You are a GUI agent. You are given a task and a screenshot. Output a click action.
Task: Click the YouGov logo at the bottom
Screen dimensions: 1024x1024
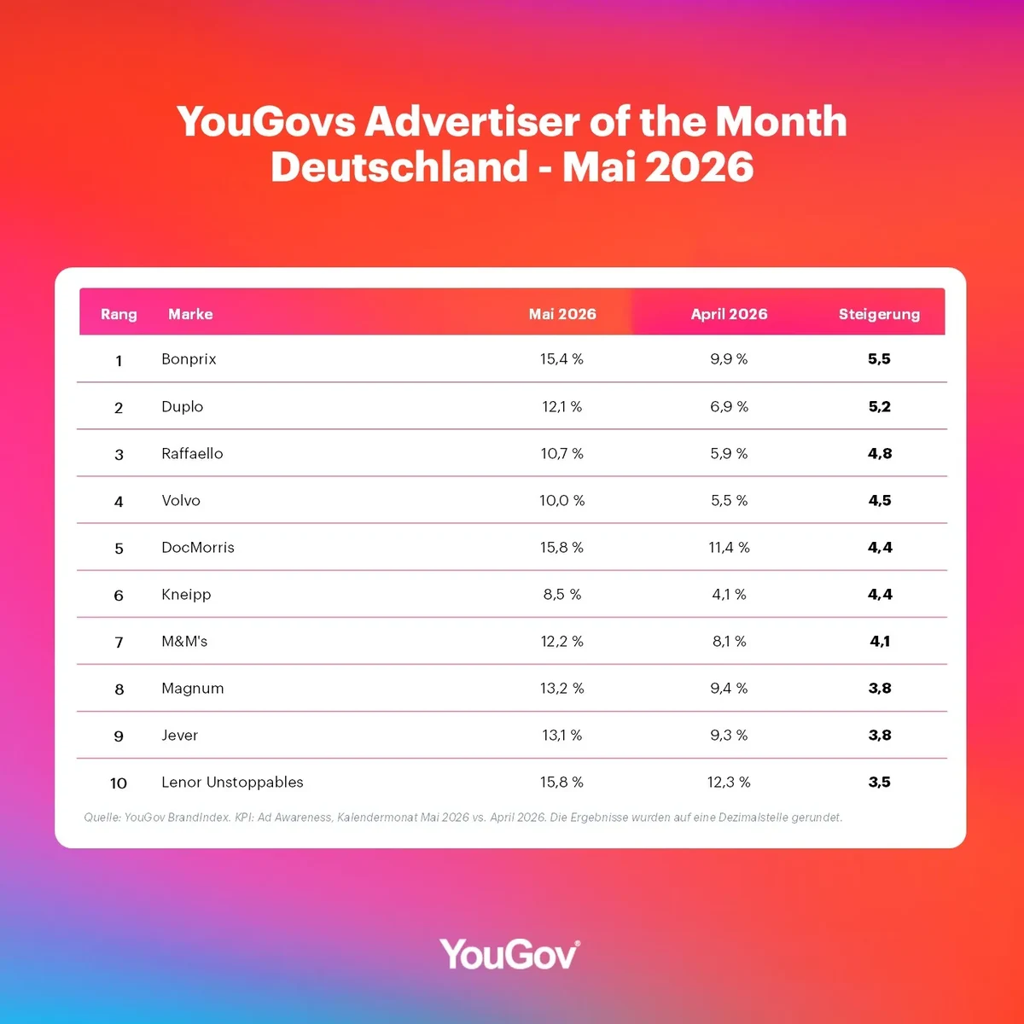509,954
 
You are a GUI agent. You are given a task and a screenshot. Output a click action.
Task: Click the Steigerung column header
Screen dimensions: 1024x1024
879,314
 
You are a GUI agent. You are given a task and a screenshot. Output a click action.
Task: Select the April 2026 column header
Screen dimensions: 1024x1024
729,314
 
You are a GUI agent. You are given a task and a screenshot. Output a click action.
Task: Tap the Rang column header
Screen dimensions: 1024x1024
119,315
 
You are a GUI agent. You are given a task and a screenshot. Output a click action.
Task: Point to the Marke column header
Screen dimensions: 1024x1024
190,314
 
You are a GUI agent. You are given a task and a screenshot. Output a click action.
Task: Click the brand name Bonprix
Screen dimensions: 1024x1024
189,359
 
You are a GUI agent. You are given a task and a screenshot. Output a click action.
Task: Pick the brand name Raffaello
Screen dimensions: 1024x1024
192,453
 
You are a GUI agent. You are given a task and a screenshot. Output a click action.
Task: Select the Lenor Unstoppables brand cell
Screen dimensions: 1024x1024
232,783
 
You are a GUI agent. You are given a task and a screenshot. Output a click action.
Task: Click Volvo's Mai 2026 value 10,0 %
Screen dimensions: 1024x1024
562,501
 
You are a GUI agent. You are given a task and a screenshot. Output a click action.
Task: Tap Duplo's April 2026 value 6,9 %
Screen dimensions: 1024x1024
729,406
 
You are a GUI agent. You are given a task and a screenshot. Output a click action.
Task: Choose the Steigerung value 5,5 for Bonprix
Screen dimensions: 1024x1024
879,359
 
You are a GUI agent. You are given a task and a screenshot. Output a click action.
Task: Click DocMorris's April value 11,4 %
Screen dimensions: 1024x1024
729,547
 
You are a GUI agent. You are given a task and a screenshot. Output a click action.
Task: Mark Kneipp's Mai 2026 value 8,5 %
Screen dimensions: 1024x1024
562,594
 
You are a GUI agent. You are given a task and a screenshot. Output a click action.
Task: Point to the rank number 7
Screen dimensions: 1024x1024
119,643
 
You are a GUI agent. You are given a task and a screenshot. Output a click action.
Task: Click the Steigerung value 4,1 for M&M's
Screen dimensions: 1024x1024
880,642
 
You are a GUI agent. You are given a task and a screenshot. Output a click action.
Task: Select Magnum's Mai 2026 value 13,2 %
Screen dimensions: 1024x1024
562,688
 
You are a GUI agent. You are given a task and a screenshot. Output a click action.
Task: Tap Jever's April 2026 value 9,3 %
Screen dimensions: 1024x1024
729,735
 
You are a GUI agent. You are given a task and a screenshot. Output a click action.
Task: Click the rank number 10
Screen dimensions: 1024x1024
119,783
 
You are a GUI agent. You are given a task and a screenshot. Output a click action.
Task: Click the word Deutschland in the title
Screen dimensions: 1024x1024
399,166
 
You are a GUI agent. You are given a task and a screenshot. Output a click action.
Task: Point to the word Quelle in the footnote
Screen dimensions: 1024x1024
102,817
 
